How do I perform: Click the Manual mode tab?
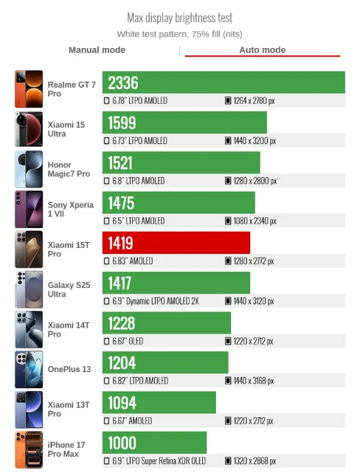click(97, 50)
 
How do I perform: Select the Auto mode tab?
click(262, 50)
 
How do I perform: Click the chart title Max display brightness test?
click(179, 18)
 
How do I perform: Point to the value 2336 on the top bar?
click(123, 82)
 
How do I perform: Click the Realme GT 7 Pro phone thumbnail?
click(29, 89)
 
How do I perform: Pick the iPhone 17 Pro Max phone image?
click(29, 450)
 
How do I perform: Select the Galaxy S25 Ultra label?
click(69, 289)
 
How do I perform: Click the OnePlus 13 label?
click(70, 369)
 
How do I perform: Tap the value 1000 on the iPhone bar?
click(122, 443)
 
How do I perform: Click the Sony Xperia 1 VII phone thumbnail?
click(29, 209)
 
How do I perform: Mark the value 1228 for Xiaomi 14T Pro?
click(122, 323)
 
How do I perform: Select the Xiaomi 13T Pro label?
click(69, 409)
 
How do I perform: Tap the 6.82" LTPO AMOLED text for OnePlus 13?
click(139, 381)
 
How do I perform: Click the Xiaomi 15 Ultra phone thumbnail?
click(29, 129)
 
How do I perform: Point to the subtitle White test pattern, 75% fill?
click(179, 34)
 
